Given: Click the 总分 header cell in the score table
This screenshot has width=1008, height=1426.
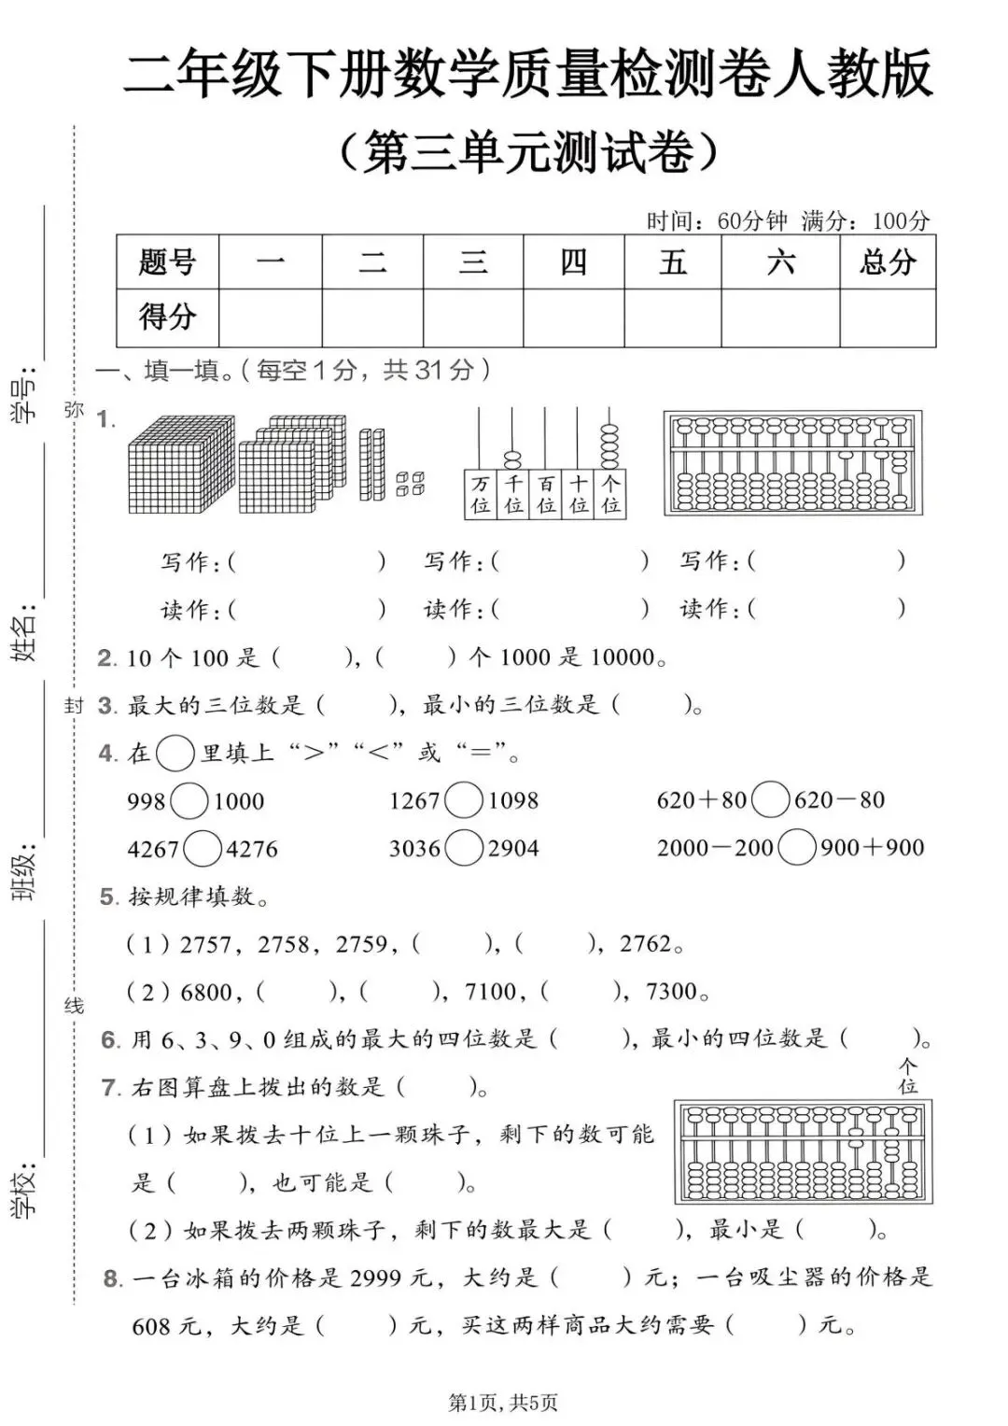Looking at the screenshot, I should pos(888,262).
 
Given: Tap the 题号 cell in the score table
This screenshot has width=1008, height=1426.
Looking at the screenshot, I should pos(167,262).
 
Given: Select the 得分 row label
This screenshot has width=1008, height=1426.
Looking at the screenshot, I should pos(167,318).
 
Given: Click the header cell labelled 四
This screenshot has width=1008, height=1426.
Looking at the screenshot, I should pos(573,262).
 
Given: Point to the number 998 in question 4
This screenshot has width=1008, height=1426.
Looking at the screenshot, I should pos(147,801).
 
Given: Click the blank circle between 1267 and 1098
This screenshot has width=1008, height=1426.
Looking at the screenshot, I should pos(464,800).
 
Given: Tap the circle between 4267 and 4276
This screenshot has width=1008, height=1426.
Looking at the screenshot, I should pos(203,849).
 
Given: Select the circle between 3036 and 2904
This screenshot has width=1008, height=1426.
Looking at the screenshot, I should pos(464,848).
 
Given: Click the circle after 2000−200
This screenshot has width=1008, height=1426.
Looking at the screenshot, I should pos(797,847).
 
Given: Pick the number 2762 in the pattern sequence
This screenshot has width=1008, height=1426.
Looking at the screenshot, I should pos(646,944).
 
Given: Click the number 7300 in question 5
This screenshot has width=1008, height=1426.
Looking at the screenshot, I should pos(672,992).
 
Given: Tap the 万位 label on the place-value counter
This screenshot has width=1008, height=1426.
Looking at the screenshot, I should pos(481,495).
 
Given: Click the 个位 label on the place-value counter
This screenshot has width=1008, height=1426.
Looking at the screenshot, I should pos(610,495).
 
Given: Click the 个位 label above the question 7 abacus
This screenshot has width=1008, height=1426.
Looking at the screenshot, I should pos(907,1076).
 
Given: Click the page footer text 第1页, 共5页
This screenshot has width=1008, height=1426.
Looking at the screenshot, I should pos(503,1402).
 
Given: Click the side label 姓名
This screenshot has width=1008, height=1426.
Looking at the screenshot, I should pos(25,633).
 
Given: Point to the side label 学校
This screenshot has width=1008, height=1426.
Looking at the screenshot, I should pos(25,1191).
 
